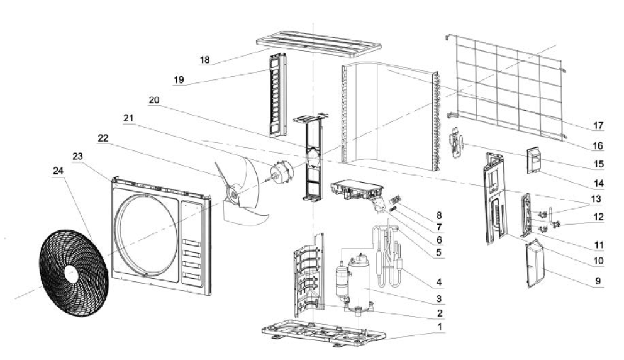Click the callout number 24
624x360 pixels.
click(x=58, y=171)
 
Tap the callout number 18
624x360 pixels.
click(x=204, y=60)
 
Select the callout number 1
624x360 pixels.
click(x=440, y=327)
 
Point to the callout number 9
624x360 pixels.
click(x=598, y=281)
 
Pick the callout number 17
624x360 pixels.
click(x=599, y=126)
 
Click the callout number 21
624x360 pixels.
click(x=128, y=118)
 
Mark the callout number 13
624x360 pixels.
click(x=596, y=199)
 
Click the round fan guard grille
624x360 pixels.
click(x=74, y=273)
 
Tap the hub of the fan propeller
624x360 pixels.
click(x=233, y=194)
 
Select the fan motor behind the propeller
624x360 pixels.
click(x=281, y=171)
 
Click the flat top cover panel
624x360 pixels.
click(x=319, y=43)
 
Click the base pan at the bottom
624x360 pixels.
click(x=323, y=331)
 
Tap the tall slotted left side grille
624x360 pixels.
click(x=278, y=96)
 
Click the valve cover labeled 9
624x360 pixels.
click(x=535, y=263)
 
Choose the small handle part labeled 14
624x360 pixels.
click(x=535, y=160)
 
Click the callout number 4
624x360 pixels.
click(x=439, y=282)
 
